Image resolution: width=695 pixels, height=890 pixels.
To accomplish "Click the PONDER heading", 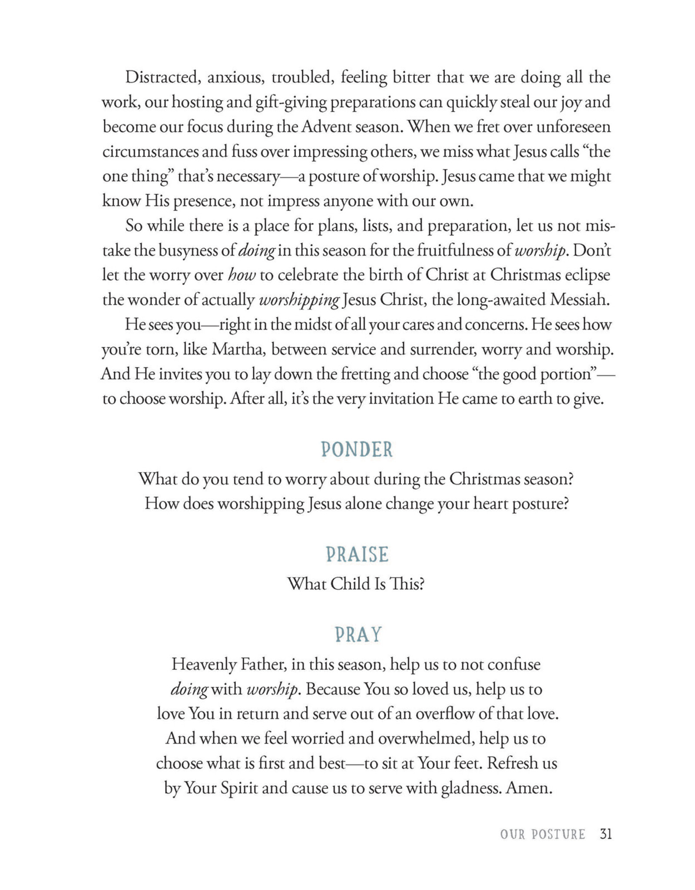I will click(357, 450).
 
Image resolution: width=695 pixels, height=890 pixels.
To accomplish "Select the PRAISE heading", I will click(357, 555).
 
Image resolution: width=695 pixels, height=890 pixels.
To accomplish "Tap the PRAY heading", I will click(358, 635).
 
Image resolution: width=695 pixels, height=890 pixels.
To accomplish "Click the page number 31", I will click(606, 834).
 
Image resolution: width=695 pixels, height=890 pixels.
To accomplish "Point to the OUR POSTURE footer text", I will click(543, 835).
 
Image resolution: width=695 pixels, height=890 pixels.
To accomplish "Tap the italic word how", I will click(242, 276).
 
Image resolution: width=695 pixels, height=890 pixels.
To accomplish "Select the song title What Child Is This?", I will click(355, 584).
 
